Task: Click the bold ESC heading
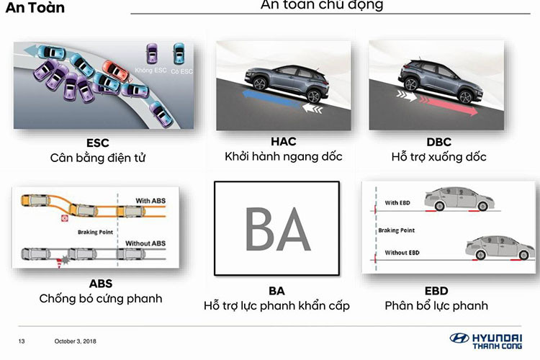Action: (x=97, y=142)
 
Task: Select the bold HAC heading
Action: (x=283, y=141)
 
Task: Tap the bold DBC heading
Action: (x=438, y=141)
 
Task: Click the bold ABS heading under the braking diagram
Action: (x=100, y=284)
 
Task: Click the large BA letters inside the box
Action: (x=277, y=228)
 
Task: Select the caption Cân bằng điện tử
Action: (x=97, y=157)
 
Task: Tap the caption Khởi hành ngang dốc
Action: (x=283, y=156)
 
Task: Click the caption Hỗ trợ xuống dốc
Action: (x=438, y=156)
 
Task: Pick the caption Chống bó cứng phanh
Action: (x=100, y=298)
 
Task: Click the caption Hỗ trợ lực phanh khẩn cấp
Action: (x=277, y=305)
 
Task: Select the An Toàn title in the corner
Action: (x=35, y=8)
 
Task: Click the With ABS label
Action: (x=150, y=200)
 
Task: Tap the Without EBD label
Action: (x=402, y=252)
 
